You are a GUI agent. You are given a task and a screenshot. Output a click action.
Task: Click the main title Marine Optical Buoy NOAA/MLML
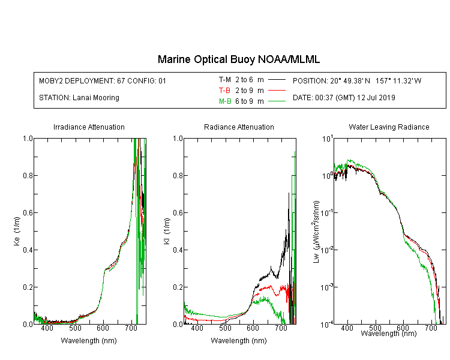[238, 59]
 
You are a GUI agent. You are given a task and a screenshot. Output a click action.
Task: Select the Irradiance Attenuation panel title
[89, 127]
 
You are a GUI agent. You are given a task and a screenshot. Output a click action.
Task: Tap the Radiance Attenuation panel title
[239, 127]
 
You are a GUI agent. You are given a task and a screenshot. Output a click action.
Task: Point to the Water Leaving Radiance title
[389, 127]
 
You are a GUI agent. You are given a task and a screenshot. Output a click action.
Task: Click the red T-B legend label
[224, 91]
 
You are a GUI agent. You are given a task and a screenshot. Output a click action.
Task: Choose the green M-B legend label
[225, 101]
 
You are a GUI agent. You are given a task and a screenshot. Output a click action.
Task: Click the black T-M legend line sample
[277, 80]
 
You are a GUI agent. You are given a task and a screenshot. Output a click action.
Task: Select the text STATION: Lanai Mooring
[79, 98]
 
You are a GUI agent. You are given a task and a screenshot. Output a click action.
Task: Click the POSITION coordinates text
[357, 80]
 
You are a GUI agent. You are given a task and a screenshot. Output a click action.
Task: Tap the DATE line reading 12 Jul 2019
[344, 98]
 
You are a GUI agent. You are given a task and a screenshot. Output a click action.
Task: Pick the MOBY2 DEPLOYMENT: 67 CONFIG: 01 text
[103, 80]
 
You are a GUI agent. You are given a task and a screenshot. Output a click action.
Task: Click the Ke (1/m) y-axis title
[17, 231]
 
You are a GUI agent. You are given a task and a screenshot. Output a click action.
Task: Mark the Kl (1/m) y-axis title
[167, 231]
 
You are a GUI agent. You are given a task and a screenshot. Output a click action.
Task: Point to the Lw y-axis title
[316, 232]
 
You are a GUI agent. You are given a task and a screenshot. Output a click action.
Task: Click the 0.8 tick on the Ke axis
[28, 175]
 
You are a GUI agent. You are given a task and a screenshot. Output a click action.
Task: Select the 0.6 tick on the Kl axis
[178, 213]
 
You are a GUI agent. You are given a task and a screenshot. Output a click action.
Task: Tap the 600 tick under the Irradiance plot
[103, 328]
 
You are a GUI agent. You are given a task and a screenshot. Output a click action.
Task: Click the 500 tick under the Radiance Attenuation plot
[225, 328]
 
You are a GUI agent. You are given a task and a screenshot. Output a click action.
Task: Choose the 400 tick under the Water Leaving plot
[347, 328]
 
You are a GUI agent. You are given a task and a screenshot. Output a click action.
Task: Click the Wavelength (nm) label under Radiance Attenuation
[239, 340]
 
